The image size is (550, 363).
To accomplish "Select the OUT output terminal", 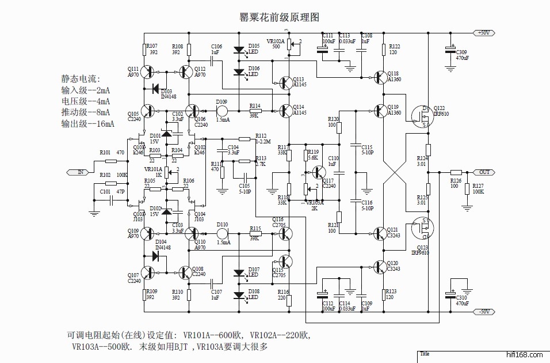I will click(x=482, y=172).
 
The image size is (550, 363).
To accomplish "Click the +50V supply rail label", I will click(x=483, y=33).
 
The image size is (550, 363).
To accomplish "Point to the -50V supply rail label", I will click(x=483, y=312).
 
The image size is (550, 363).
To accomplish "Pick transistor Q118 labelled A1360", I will click(x=380, y=77).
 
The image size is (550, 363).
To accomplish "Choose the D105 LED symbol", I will click(x=239, y=51).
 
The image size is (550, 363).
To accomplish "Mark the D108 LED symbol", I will click(x=239, y=295).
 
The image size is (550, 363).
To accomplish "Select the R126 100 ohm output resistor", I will click(x=456, y=172).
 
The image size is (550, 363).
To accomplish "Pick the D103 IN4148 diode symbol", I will click(x=155, y=88).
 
